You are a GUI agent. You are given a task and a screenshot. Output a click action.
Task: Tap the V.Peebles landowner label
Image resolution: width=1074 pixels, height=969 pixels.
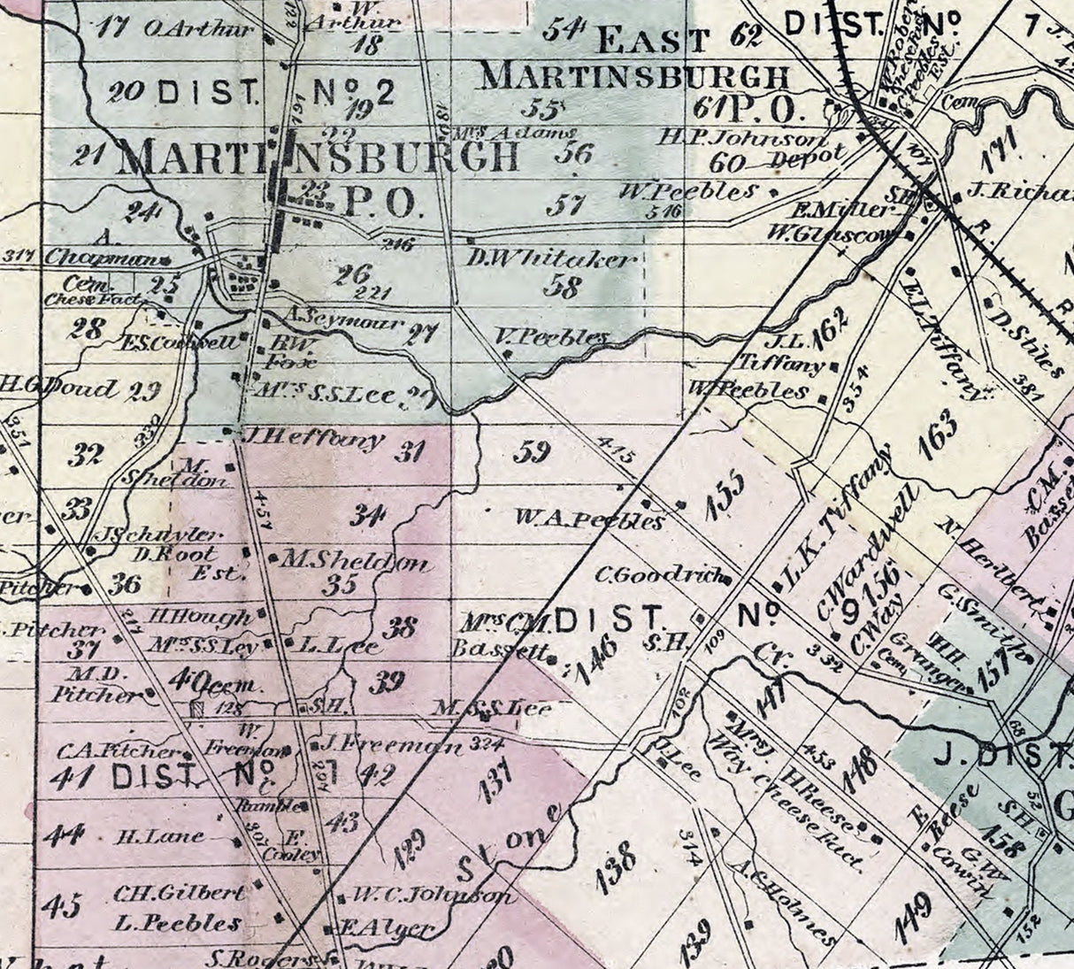(x=552, y=337)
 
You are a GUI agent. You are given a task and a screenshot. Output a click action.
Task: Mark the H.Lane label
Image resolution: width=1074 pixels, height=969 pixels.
(x=160, y=835)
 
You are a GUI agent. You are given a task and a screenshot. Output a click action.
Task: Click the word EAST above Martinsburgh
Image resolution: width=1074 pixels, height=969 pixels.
(x=655, y=40)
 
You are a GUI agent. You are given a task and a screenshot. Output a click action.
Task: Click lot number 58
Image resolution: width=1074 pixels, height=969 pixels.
(x=564, y=286)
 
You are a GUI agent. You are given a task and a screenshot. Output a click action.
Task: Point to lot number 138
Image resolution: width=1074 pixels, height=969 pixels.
(x=616, y=867)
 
